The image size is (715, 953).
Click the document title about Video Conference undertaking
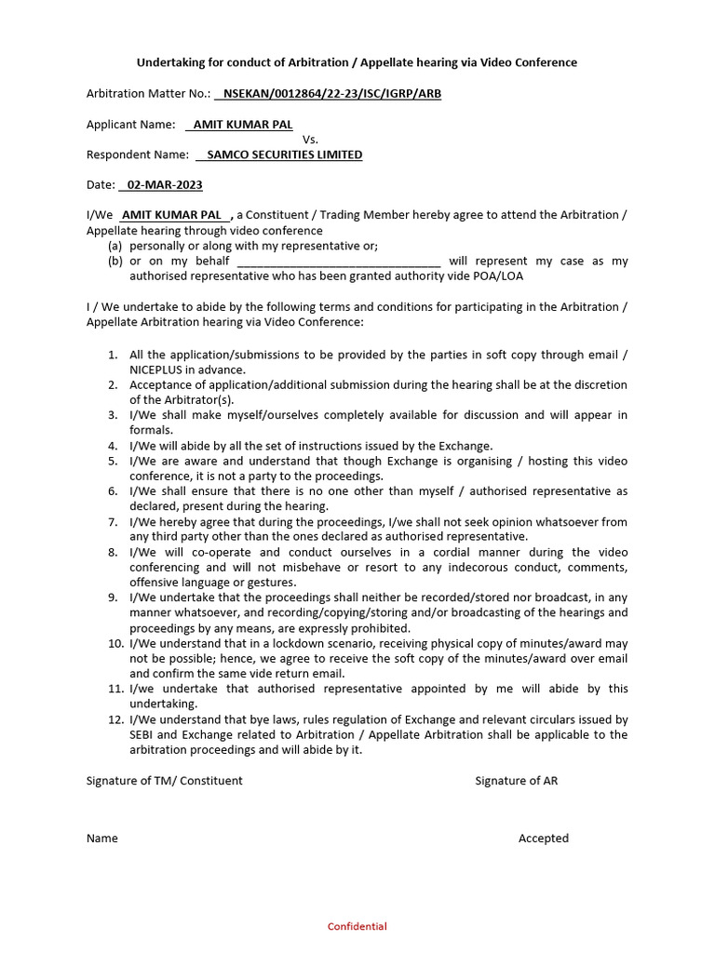click(x=357, y=62)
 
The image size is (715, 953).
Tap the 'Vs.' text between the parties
click(x=311, y=139)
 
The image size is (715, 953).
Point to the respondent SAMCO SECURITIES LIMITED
click(x=284, y=154)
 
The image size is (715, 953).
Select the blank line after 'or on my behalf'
click(x=339, y=262)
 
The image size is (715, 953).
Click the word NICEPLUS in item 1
click(x=160, y=369)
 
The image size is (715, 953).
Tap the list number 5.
click(x=112, y=461)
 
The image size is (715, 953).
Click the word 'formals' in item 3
click(x=151, y=430)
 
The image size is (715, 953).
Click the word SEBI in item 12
click(x=143, y=734)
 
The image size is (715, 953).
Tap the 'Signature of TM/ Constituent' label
click(x=164, y=781)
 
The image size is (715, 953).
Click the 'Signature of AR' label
click(x=516, y=781)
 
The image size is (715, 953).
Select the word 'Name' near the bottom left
click(x=102, y=838)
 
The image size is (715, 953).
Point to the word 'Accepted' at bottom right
click(x=543, y=838)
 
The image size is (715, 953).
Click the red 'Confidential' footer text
click(x=357, y=926)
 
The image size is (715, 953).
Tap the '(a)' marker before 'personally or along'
click(x=115, y=246)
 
